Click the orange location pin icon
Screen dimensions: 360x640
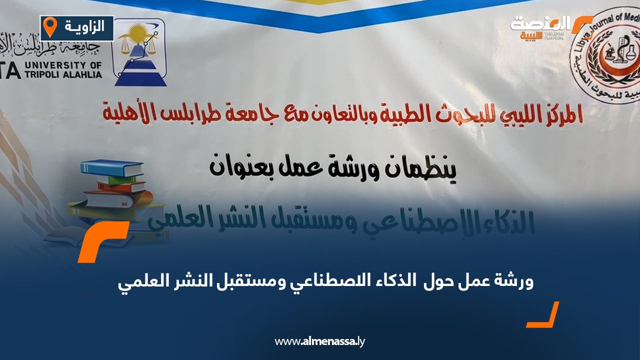click(49, 26)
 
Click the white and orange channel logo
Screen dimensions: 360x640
click(550, 27)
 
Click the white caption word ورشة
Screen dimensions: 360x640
click(513, 282)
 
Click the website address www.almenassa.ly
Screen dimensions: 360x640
click(320, 341)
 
